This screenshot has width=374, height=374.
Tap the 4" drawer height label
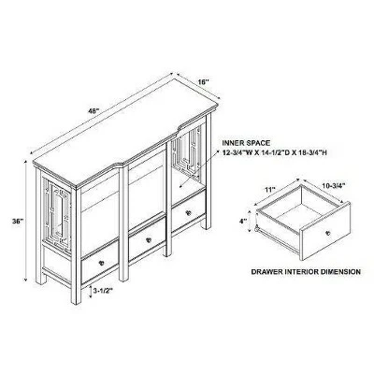(242, 221)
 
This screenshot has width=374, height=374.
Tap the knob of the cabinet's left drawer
(99, 265)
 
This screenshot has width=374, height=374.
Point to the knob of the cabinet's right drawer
(188, 214)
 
